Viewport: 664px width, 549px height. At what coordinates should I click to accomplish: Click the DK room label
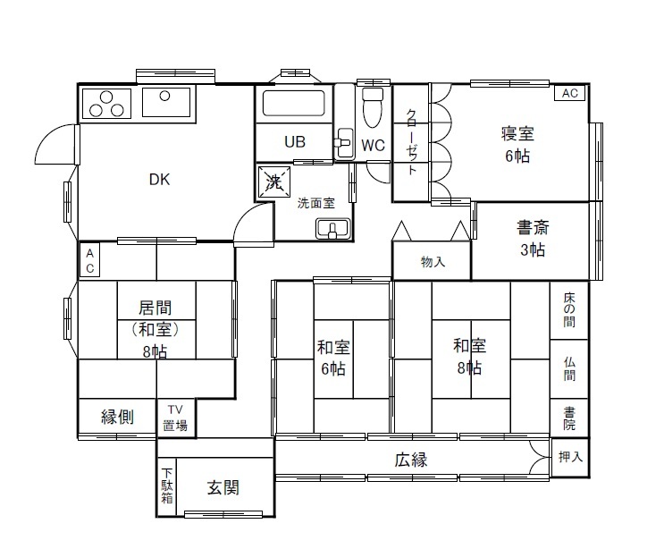[160, 180]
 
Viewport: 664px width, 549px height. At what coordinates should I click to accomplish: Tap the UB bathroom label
[295, 142]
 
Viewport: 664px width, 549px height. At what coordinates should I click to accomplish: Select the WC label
[373, 146]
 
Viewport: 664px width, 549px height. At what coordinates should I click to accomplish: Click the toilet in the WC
[373, 107]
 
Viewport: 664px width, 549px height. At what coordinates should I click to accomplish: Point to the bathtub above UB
[294, 103]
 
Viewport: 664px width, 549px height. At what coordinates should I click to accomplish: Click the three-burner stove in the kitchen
[106, 104]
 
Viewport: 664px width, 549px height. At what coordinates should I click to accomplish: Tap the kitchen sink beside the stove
[166, 102]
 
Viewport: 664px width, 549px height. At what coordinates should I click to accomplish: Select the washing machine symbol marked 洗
[274, 182]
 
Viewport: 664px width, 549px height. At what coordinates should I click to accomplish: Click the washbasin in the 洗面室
[332, 229]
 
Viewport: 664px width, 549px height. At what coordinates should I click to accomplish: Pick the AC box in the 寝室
[570, 93]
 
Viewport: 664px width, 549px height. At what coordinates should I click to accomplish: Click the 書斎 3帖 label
[533, 239]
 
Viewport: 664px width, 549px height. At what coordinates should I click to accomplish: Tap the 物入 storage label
[433, 262]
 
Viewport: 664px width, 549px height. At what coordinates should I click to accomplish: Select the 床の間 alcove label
[569, 309]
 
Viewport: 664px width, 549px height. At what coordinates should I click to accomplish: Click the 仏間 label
[569, 369]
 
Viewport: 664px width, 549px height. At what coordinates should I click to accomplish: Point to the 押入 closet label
[570, 457]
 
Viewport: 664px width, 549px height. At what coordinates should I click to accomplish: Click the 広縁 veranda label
[411, 460]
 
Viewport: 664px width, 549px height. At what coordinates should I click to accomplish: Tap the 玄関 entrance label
[223, 487]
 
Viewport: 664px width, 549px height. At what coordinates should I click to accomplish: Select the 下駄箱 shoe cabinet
[167, 486]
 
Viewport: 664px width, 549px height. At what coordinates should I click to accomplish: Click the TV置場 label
[175, 418]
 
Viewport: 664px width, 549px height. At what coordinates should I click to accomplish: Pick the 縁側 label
[117, 417]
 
